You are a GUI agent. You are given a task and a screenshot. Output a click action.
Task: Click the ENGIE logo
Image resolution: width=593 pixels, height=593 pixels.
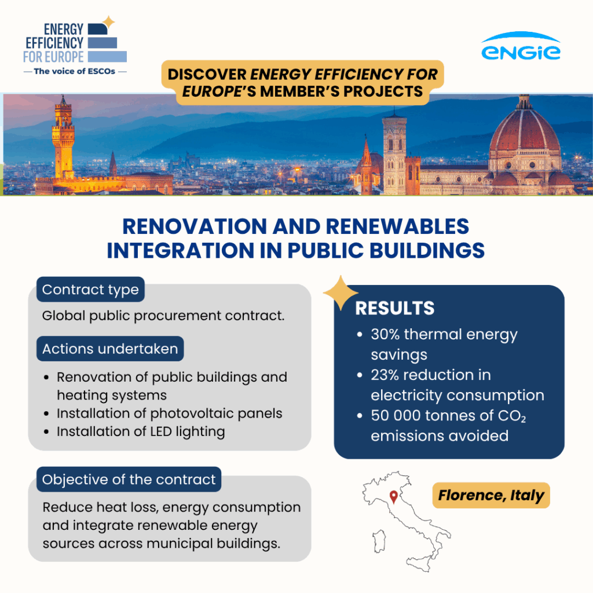pos(521,46)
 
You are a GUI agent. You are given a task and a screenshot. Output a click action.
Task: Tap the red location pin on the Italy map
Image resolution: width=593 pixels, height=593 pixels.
pos(393,496)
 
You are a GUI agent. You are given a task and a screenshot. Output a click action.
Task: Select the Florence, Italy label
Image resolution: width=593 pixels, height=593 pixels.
pos(491,495)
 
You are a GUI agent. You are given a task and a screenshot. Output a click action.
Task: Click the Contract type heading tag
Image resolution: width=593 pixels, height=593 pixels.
pos(90,290)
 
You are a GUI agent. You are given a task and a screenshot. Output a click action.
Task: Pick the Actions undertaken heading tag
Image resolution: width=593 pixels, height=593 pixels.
pos(110,349)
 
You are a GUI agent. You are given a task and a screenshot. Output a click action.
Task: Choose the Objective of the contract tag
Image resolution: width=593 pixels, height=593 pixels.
pos(129,479)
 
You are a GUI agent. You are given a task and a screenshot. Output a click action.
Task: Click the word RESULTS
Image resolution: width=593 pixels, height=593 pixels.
pos(395,308)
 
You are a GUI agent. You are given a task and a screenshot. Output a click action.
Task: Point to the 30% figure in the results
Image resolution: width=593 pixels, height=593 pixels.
pos(385,334)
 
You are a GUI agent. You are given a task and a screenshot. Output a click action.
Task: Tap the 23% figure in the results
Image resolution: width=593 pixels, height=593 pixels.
pos(385,375)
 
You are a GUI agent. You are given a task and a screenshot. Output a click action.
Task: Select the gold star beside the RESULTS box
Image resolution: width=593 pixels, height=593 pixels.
pos(341,292)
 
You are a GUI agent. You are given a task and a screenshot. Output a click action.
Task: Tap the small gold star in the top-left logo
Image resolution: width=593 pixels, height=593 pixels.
pos(108,22)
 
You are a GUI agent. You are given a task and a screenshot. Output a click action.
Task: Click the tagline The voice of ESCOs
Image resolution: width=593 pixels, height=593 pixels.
pos(75,71)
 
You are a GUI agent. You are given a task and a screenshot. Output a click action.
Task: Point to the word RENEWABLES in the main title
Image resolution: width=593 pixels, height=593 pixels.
pos(397,226)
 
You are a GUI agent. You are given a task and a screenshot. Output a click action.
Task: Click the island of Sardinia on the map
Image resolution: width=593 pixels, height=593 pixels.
pos(379,541)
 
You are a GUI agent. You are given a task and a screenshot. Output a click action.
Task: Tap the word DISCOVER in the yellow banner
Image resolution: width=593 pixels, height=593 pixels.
pos(207,74)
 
